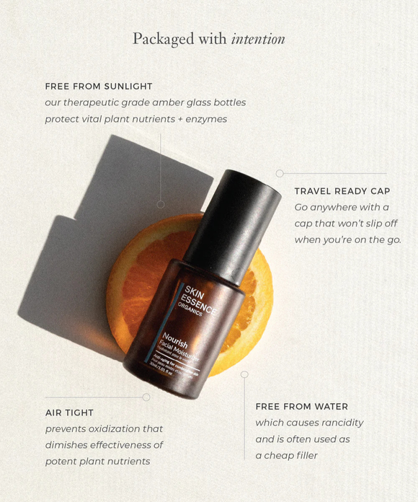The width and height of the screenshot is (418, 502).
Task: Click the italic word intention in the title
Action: [258, 39]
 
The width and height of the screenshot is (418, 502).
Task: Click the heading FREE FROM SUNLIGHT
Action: [99, 87]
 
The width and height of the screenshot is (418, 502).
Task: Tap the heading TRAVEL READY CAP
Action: [342, 191]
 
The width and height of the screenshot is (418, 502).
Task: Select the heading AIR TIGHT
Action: [69, 413]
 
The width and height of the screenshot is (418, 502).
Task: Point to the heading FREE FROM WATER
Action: [301, 407]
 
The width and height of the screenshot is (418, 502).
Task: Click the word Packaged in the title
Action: [163, 39]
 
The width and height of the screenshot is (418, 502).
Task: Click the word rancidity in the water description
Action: [337, 423]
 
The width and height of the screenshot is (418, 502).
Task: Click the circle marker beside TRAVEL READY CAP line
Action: [280, 173]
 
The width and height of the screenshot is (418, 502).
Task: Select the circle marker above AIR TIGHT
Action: [146, 397]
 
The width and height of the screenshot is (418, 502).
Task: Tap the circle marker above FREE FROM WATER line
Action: [244, 374]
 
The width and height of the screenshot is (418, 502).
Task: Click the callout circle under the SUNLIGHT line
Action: [160, 204]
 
